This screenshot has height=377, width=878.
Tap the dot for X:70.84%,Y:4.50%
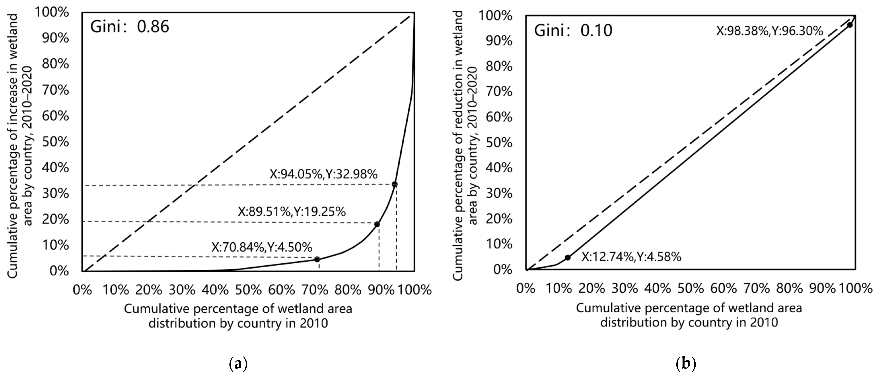(x=317, y=259)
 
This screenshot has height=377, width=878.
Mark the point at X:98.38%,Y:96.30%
(x=850, y=25)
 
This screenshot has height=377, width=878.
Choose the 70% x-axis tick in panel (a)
(x=315, y=290)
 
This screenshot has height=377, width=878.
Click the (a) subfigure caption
(x=237, y=364)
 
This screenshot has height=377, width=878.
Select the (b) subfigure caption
(x=685, y=364)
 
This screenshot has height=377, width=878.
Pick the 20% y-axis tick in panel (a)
(x=55, y=219)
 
